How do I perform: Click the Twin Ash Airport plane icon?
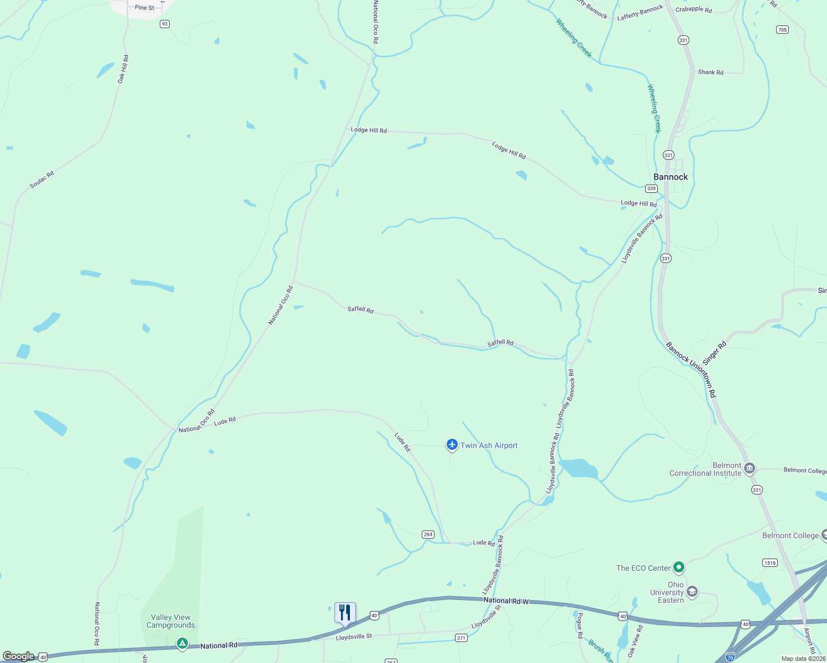tap(452, 445)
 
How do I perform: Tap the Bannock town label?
tap(671, 177)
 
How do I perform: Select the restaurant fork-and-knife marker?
tap(345, 613)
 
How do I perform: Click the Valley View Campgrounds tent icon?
tap(182, 644)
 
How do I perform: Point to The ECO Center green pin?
tap(679, 567)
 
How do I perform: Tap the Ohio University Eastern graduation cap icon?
tap(692, 592)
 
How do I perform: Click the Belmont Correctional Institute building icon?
tap(750, 469)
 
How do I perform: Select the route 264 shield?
tap(428, 534)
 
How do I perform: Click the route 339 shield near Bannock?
tap(651, 188)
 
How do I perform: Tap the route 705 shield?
tap(782, 30)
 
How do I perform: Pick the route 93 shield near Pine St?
tap(164, 24)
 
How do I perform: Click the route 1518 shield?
tap(770, 563)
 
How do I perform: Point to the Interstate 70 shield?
tap(730, 657)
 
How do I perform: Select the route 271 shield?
tap(461, 638)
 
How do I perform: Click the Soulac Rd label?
tap(42, 180)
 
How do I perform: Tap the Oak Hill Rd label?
tap(123, 69)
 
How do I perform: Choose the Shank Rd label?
tap(710, 72)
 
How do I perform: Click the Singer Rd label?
tap(714, 353)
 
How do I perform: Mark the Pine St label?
tap(145, 8)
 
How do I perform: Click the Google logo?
tap(19, 656)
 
